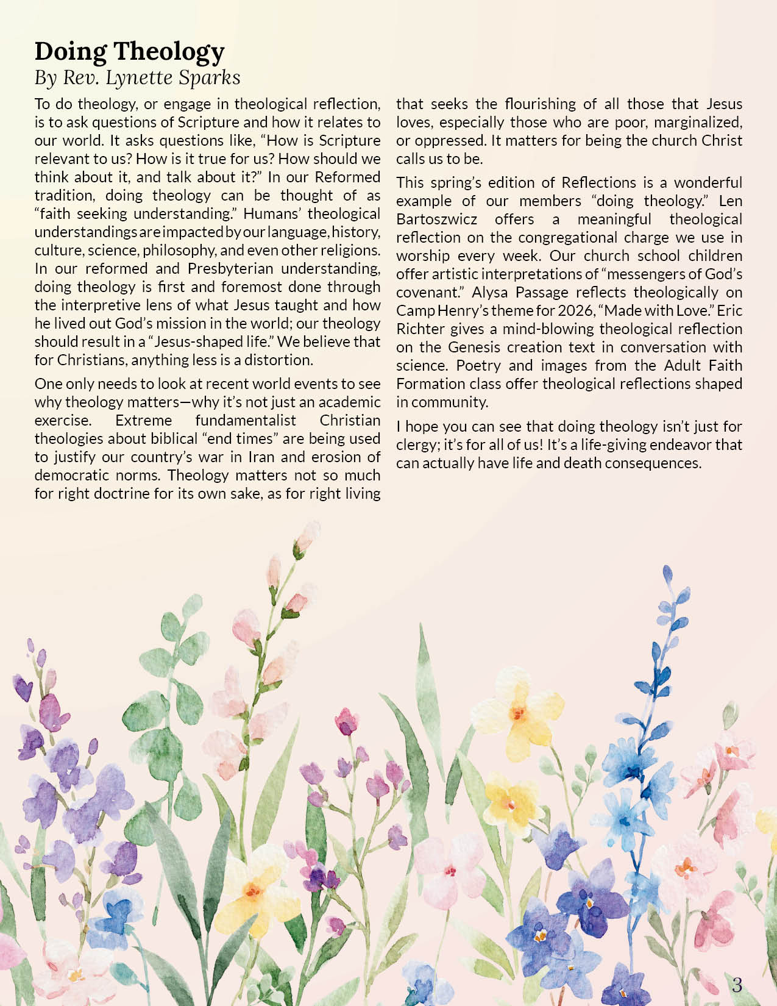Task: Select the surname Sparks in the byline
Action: (x=211, y=77)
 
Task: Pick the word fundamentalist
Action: (x=246, y=420)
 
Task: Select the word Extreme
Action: (x=143, y=420)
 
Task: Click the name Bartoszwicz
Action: (x=436, y=219)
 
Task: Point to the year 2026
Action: (x=575, y=310)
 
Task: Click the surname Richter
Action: (x=420, y=329)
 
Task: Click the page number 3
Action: (x=737, y=985)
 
